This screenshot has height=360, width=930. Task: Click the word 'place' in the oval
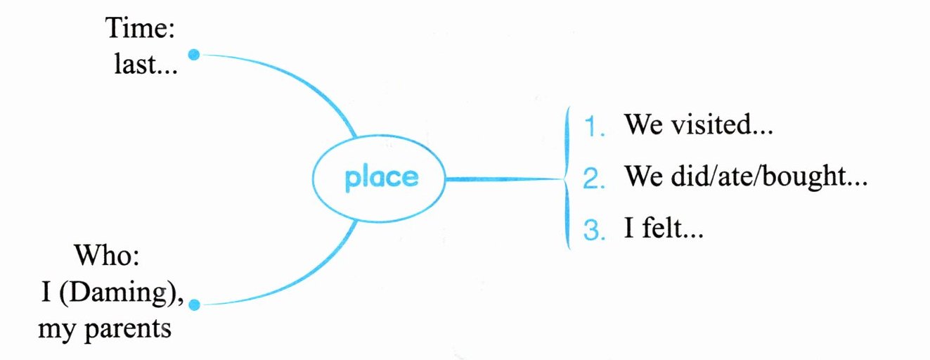click(381, 179)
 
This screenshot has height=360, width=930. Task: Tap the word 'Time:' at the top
click(140, 29)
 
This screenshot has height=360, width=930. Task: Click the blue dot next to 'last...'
click(195, 54)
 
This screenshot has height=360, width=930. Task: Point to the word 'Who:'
click(108, 255)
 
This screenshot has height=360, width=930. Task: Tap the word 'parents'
click(129, 328)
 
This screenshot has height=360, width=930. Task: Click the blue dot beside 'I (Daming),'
click(195, 304)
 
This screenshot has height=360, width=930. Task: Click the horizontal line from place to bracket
click(503, 179)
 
